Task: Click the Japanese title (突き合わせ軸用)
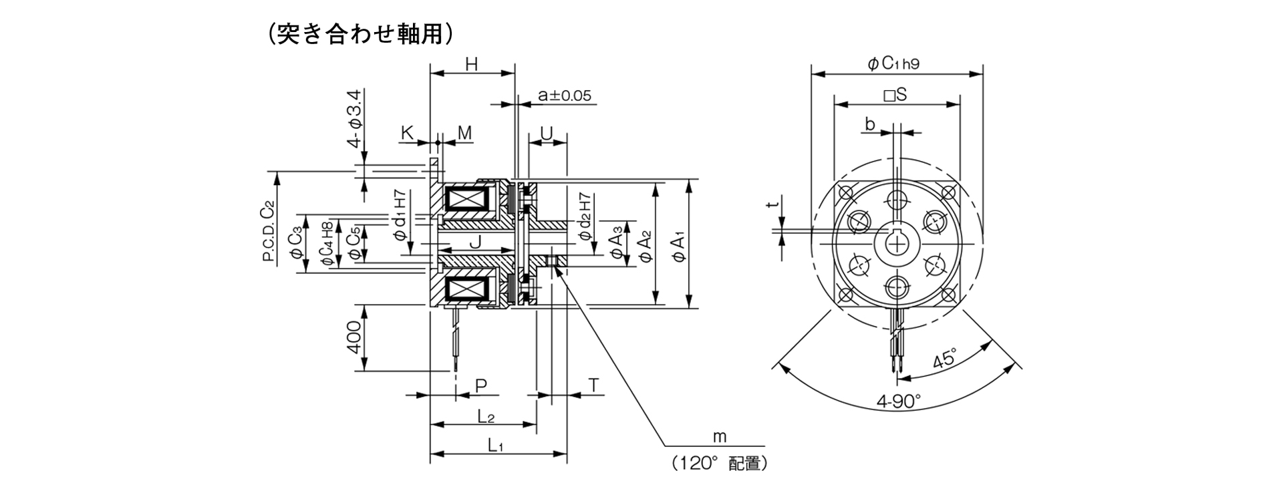[x=360, y=34]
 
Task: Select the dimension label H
[x=472, y=65]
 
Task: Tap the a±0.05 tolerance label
[x=565, y=96]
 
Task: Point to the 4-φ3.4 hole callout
[x=355, y=118]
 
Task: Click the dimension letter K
[x=407, y=133]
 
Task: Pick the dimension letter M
[x=464, y=133]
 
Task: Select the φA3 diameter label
[x=618, y=244]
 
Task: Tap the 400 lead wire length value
[x=355, y=337]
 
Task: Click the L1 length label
[x=495, y=444]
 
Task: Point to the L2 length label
[x=486, y=416]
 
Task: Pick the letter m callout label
[x=719, y=437]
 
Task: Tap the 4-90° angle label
[x=898, y=401]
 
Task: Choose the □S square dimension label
[x=895, y=96]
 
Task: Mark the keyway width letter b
[x=870, y=124]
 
